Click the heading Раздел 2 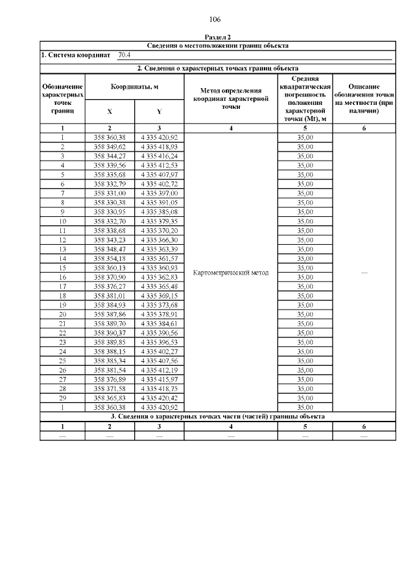pyautogui.click(x=217, y=38)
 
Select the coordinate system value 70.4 pyautogui.click(x=124, y=56)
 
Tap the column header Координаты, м pyautogui.click(x=134, y=87)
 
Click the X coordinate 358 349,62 pyautogui.click(x=110, y=148)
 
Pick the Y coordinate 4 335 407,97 pyautogui.click(x=159, y=175)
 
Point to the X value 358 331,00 pyautogui.click(x=110, y=193)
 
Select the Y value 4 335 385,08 pyautogui.click(x=159, y=212)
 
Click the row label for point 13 pyautogui.click(x=63, y=249)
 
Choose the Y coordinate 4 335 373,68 pyautogui.click(x=159, y=304)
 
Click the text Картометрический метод pyautogui.click(x=231, y=273)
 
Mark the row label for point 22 pyautogui.click(x=63, y=332)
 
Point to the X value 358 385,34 pyautogui.click(x=110, y=360)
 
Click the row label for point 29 pyautogui.click(x=63, y=397)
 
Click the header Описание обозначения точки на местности pyautogui.click(x=364, y=99)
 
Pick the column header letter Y pyautogui.click(x=160, y=111)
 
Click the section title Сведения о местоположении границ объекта pyautogui.click(x=217, y=45)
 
